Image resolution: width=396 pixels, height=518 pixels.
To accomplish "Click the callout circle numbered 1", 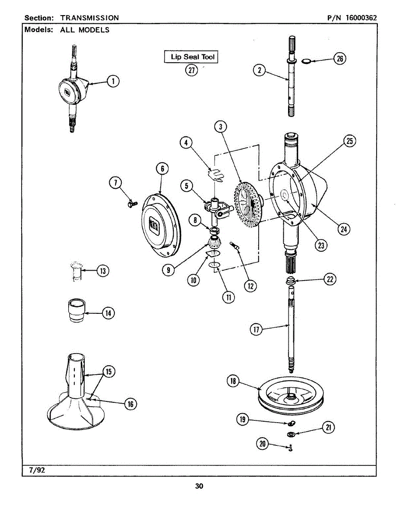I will pos(113,81).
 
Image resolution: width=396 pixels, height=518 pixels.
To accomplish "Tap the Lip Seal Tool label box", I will pos(191,57).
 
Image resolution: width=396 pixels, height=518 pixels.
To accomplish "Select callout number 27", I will pos(191,70).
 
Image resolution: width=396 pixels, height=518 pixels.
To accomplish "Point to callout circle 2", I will pos(259,70).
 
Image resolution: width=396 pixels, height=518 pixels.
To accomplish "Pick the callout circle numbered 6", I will pos(162,169).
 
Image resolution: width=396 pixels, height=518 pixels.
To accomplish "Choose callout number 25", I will pos(350,141).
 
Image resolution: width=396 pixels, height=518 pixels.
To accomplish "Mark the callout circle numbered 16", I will pos(130,404).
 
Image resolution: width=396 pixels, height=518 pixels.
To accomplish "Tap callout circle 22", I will pos(330,279).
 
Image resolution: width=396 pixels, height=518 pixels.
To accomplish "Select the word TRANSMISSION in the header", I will pos(89,18).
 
